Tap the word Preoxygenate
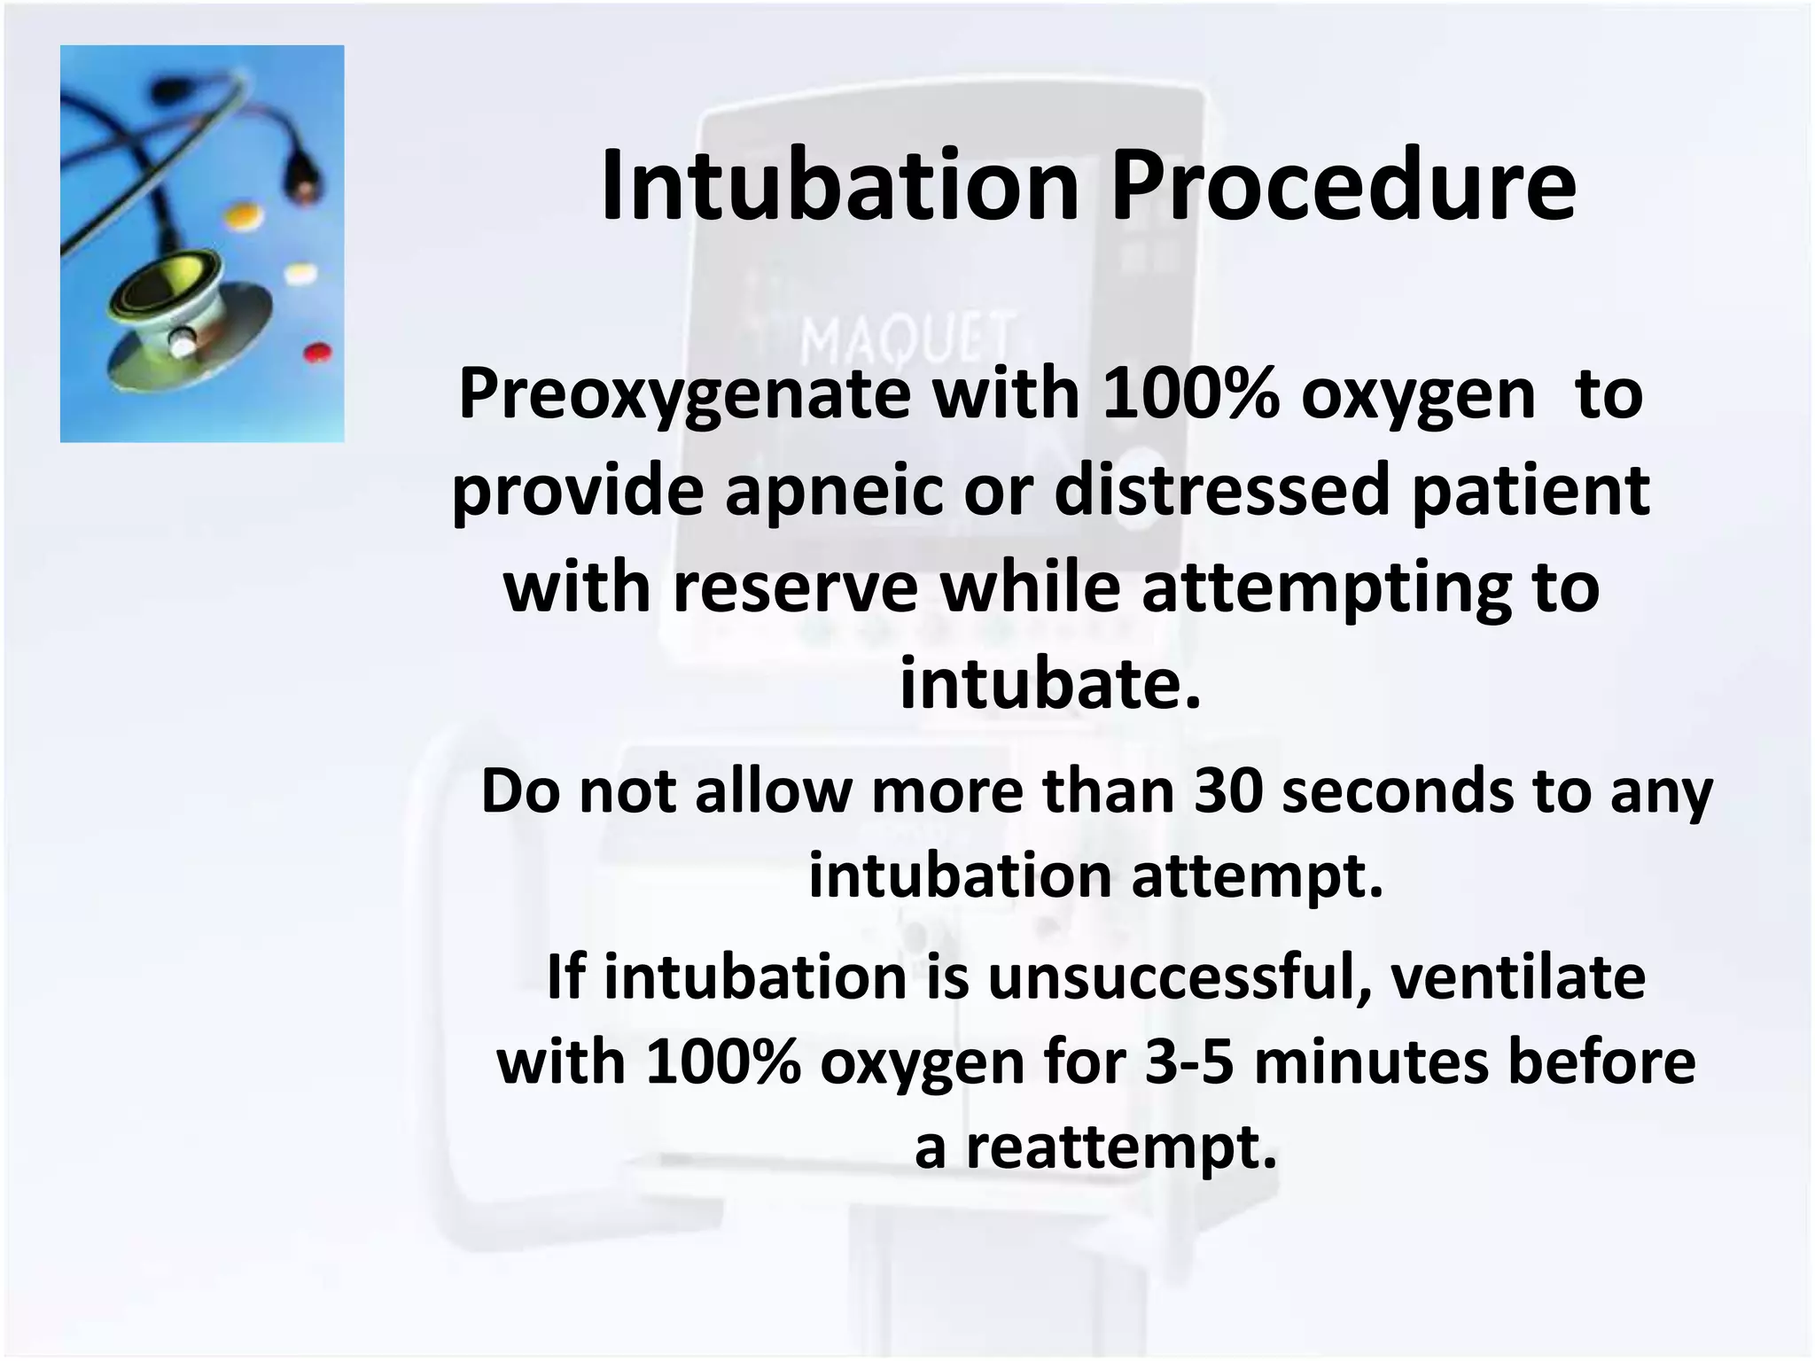point(683,395)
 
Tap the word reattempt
point(1121,1148)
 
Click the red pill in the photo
point(317,353)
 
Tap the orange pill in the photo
point(245,214)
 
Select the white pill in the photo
point(300,273)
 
